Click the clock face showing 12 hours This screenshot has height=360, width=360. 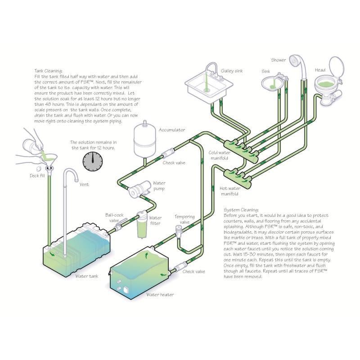click(x=93, y=160)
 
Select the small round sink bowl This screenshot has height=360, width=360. click(x=271, y=82)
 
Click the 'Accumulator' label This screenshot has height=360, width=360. click(x=172, y=130)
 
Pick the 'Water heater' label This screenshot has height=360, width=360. click(x=160, y=295)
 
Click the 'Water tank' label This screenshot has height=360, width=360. click(x=88, y=276)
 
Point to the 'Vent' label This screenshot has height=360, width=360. click(x=84, y=184)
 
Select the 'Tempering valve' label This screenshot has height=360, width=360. click(x=184, y=219)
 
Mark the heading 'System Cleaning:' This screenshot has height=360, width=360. click(x=241, y=210)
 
